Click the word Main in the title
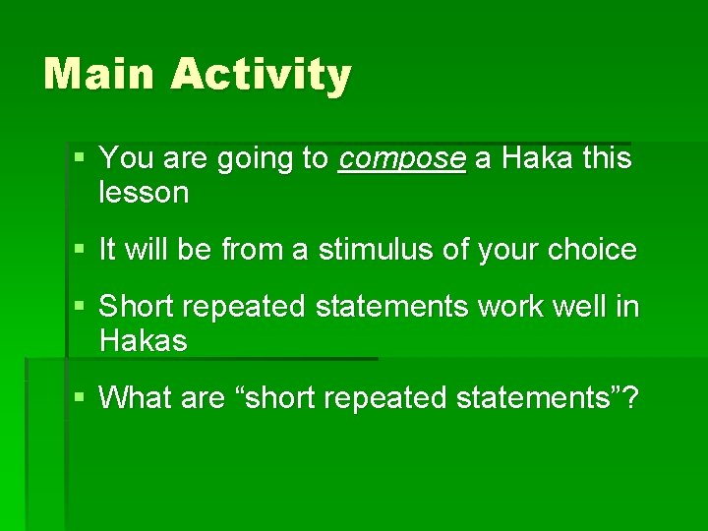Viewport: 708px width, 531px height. pyautogui.click(x=96, y=75)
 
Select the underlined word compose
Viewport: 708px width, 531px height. pyautogui.click(x=401, y=159)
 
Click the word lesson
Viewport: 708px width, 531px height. pyautogui.click(x=144, y=194)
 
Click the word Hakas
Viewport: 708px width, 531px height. pyautogui.click(x=144, y=342)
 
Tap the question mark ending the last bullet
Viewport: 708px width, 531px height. pyautogui.click(x=630, y=398)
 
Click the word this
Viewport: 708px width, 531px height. pyautogui.click(x=607, y=158)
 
